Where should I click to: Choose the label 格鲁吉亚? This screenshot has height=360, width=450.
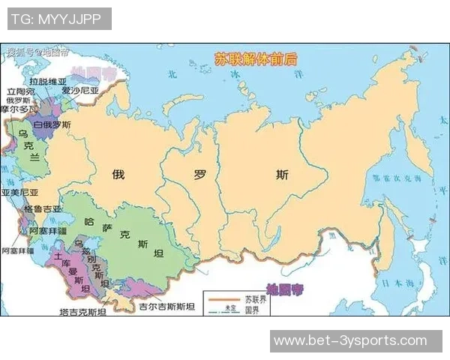click(x=43, y=208)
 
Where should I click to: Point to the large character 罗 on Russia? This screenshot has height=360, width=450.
click(x=200, y=175)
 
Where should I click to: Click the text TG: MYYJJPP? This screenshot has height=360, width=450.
click(x=59, y=18)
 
